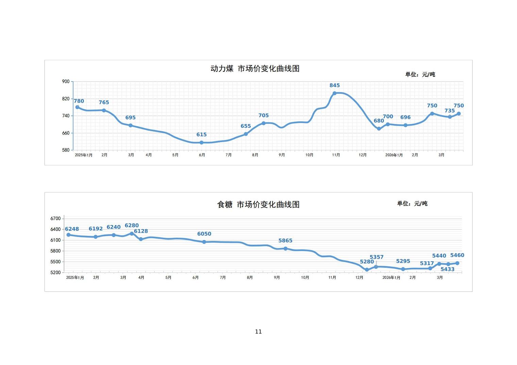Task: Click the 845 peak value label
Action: click(x=334, y=86)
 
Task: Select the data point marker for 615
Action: click(x=201, y=143)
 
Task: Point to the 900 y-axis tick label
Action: click(x=66, y=82)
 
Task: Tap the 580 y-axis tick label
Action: click(x=66, y=150)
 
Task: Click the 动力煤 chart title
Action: click(x=255, y=69)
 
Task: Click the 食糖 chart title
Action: click(x=258, y=205)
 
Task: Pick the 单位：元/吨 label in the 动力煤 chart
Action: click(x=420, y=74)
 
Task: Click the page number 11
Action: click(x=258, y=332)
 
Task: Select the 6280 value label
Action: click(x=132, y=226)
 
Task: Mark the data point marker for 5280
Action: click(x=367, y=270)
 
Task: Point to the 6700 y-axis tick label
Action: click(x=55, y=219)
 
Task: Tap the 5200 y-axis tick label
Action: click(x=55, y=273)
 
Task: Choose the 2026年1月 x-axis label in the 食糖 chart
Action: click(x=391, y=278)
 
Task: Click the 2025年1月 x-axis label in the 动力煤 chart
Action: click(x=84, y=155)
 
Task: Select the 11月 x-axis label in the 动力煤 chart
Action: click(x=336, y=155)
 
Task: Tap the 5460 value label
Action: click(x=457, y=256)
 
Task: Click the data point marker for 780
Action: click(x=78, y=107)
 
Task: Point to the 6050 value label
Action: click(x=204, y=234)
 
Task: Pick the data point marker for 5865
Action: click(x=285, y=249)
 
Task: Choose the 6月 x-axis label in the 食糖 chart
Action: click(x=196, y=278)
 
